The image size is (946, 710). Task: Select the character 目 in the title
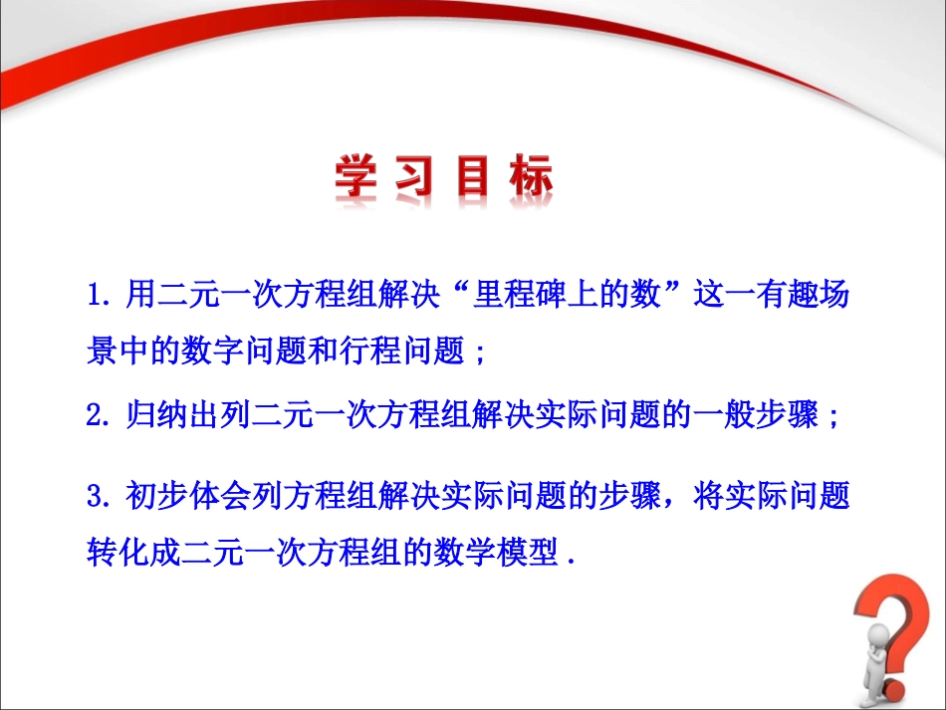(479, 179)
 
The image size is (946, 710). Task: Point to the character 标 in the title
(534, 179)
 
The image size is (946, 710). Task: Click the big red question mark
(896, 637)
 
